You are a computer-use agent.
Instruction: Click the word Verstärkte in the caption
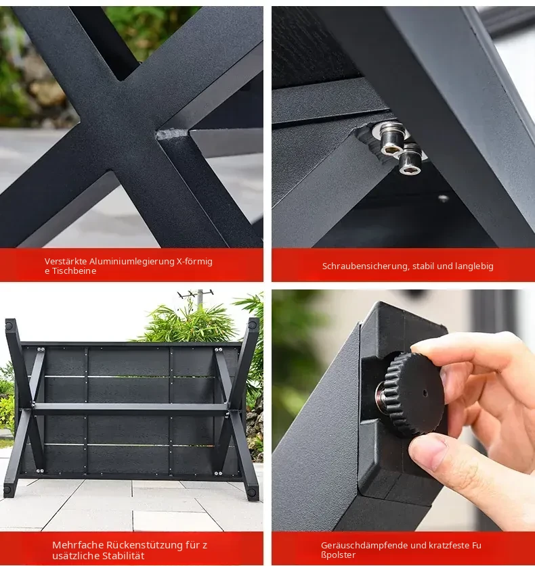point(66,261)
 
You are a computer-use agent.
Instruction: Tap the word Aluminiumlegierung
point(132,262)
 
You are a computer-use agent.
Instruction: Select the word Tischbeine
point(74,271)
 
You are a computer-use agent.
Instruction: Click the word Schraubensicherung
point(366,266)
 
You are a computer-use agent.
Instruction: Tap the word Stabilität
point(123,556)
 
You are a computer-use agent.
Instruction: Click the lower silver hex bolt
point(411,159)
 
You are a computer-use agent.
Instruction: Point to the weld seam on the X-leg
point(174,134)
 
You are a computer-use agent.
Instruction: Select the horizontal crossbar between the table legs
point(130,409)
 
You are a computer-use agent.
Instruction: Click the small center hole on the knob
point(425,393)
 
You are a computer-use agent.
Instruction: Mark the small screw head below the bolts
point(444,198)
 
